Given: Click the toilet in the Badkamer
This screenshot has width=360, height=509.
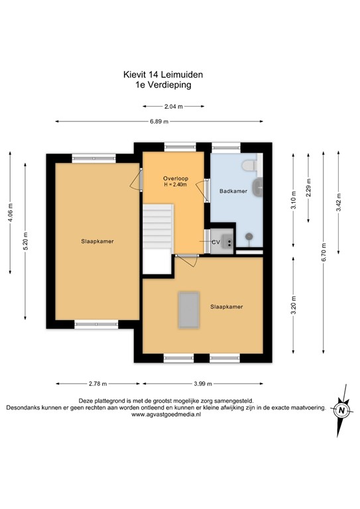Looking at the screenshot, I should click(x=250, y=164).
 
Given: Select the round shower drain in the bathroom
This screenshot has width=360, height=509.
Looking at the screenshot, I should click(x=249, y=235).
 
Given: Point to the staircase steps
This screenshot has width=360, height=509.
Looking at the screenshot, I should click(x=158, y=226).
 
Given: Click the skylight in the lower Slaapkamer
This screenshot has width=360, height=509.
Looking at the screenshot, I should click(x=188, y=310).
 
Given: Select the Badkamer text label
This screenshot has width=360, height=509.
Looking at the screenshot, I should click(x=234, y=190).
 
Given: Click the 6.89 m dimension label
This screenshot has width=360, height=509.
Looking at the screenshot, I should click(x=158, y=121).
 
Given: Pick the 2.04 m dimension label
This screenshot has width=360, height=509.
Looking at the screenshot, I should click(x=174, y=106).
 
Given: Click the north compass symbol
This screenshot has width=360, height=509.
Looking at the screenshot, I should click(x=342, y=410).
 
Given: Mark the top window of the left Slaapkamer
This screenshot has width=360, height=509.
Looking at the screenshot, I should click(x=93, y=157).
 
